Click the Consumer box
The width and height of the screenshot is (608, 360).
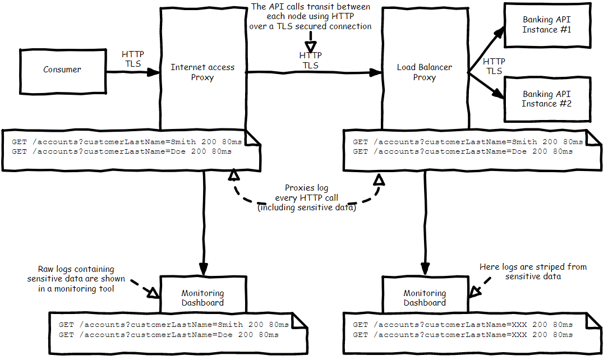click(62, 70)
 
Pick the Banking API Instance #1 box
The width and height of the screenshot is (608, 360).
click(546, 25)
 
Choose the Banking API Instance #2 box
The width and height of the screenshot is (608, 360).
click(546, 99)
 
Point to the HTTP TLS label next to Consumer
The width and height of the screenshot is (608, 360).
click(133, 59)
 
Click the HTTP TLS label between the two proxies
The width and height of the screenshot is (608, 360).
click(310, 61)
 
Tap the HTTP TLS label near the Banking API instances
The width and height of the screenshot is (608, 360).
click(494, 66)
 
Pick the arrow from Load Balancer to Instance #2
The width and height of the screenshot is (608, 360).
click(487, 85)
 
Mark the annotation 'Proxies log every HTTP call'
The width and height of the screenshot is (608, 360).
click(307, 198)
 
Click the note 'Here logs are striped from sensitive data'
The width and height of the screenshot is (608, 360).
click(533, 271)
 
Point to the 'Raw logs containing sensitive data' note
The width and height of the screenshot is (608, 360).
click(76, 279)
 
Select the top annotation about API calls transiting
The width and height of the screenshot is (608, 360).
click(310, 16)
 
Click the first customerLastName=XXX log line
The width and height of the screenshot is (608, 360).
click(463, 325)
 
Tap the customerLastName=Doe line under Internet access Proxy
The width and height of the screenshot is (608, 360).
click(121, 151)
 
